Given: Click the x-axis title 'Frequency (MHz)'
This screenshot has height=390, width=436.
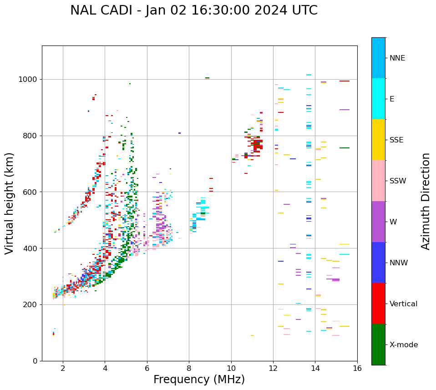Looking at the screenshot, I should point(199,380).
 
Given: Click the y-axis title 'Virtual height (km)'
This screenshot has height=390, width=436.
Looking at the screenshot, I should point(10,203).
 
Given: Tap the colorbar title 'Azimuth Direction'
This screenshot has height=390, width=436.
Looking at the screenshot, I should point(426,201).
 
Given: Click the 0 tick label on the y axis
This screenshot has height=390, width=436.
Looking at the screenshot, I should point(35,361).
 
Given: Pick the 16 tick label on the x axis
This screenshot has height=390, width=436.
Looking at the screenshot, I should point(357,368).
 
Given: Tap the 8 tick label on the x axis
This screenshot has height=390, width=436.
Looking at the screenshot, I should point(189,368).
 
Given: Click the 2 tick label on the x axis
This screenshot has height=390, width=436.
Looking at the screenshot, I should point(63,368).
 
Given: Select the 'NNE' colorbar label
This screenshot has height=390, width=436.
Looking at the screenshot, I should point(397,58).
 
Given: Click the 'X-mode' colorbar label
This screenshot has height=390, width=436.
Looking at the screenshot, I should point(404,345).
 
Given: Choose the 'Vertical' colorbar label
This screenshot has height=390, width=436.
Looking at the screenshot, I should point(403,304).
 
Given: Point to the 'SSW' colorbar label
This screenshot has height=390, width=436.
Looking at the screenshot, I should point(398,181).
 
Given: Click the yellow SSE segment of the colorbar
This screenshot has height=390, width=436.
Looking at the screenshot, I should point(378,140).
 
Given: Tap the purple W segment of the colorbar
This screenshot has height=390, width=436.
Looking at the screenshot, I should point(378,222).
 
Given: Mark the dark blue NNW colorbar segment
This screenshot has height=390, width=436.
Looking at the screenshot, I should point(378,263).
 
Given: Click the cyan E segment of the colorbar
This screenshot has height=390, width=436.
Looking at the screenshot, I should point(378,99).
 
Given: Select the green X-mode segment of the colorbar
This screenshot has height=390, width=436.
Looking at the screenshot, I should point(378,344).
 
